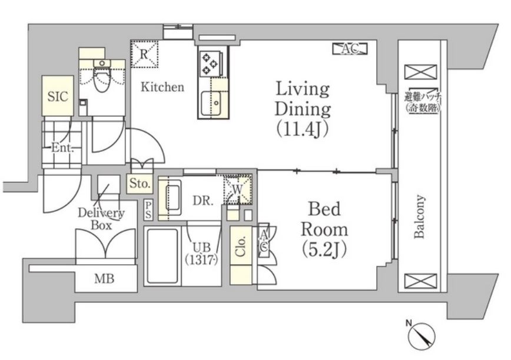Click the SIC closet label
click(x=58, y=96)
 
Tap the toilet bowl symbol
click(x=102, y=76)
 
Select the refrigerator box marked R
click(x=144, y=54)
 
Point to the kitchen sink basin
click(x=211, y=103)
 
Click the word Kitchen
click(x=162, y=87)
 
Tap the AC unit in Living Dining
click(x=350, y=49)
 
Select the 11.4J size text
click(x=302, y=129)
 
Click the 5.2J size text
click(x=324, y=249)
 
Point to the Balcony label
click(x=419, y=216)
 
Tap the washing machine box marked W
click(x=238, y=189)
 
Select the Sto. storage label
click(x=140, y=184)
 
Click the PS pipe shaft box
click(x=148, y=209)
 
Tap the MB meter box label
click(x=104, y=279)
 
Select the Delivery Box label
click(x=101, y=219)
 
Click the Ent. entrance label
click(x=62, y=148)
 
